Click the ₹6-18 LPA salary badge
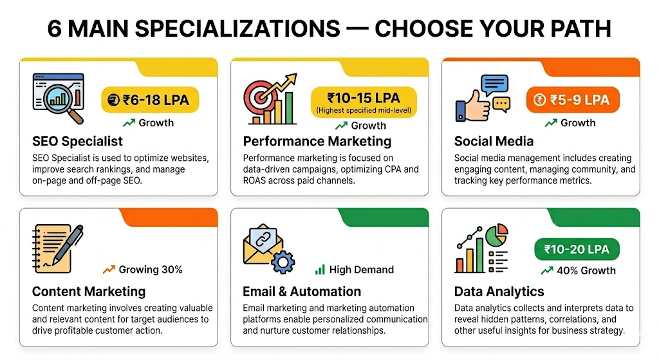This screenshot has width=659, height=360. [150, 100]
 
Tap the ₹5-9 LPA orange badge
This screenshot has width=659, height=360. [572, 100]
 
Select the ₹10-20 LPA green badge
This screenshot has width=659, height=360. [576, 249]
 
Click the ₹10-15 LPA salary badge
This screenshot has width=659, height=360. [364, 102]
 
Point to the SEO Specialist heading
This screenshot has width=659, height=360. [77, 141]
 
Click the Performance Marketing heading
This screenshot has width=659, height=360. [317, 141]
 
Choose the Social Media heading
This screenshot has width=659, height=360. [494, 141]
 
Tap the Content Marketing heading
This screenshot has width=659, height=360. [89, 292]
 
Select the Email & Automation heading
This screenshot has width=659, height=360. [302, 292]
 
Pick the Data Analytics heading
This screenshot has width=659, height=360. [499, 292]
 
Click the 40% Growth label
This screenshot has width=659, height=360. [578, 270]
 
